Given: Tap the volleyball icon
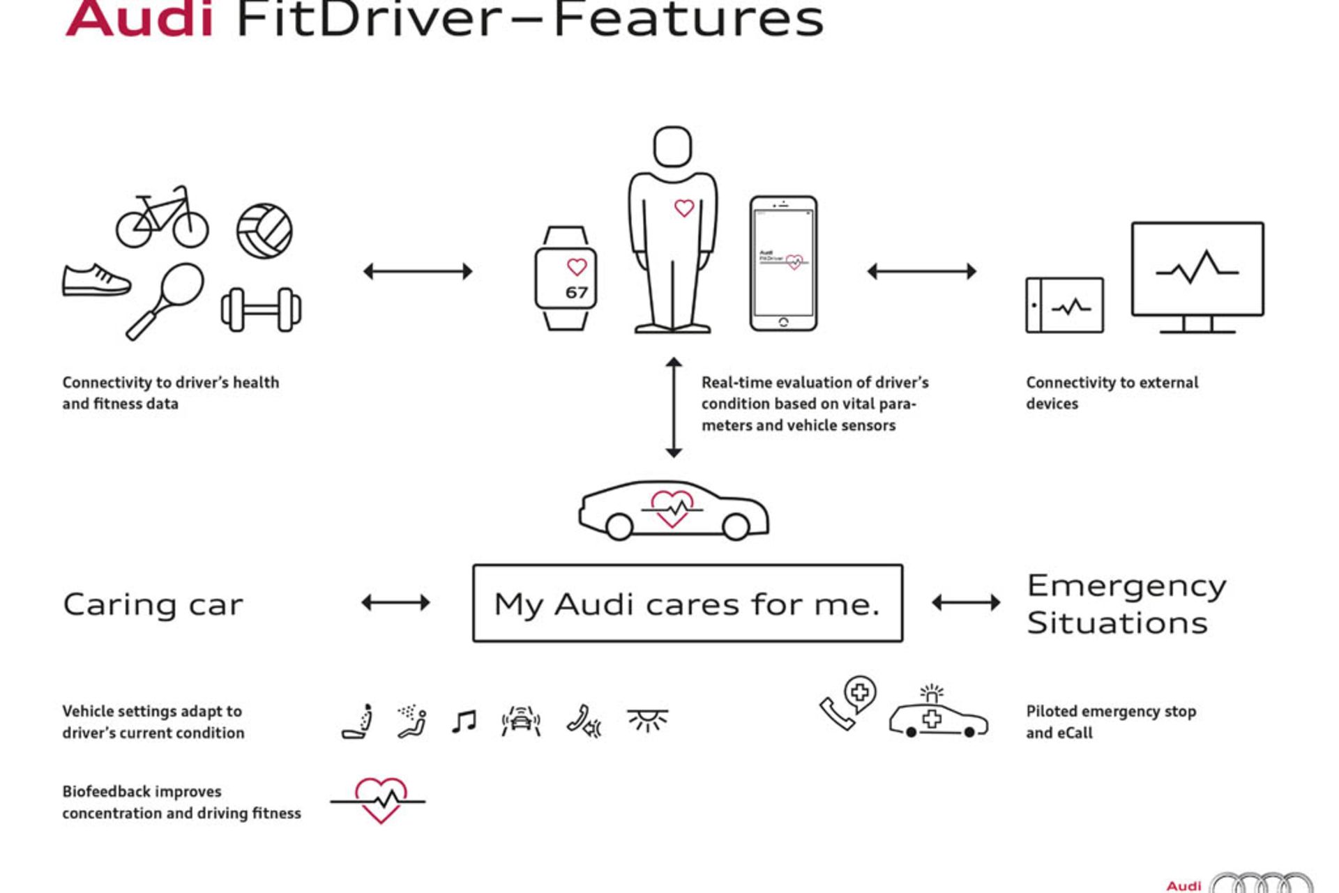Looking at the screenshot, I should [264, 230].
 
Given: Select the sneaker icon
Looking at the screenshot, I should [96, 280].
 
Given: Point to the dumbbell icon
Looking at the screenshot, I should [261, 309].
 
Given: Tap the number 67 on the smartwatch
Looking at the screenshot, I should [576, 293].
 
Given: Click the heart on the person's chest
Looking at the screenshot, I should [684, 208].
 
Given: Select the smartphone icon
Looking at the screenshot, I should [783, 264].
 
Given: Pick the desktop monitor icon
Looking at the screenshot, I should [1197, 276].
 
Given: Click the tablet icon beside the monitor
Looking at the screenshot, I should [1064, 305].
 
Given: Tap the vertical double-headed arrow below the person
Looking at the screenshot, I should [674, 407].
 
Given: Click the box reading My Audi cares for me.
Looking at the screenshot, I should [688, 604].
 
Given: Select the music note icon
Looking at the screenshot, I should [464, 722].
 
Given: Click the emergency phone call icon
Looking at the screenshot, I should [847, 703].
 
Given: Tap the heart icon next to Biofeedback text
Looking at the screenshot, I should [380, 800].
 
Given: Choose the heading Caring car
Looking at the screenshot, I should [153, 604].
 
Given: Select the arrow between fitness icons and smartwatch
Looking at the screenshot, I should [418, 271].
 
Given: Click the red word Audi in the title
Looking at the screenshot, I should [139, 20].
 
